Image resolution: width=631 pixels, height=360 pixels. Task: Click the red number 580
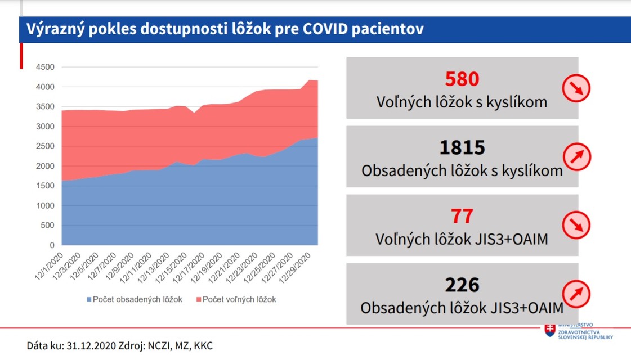click(x=462, y=79)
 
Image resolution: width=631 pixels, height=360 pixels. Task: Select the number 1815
click(x=462, y=147)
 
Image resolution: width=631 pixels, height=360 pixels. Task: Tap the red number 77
click(x=462, y=217)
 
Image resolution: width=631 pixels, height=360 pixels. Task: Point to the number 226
click(x=462, y=285)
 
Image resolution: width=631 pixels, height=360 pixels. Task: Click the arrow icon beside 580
click(x=576, y=88)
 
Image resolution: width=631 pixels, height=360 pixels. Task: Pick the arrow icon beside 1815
click(x=576, y=156)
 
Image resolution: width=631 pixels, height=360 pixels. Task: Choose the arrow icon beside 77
click(x=576, y=225)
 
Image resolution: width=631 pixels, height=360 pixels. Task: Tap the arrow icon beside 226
click(x=576, y=294)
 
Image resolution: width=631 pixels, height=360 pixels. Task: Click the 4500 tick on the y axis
click(x=45, y=67)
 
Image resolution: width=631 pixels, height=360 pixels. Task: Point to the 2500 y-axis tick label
click(x=45, y=146)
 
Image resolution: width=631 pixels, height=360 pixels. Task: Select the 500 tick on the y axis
click(x=47, y=226)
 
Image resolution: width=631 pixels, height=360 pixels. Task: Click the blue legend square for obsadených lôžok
click(x=88, y=300)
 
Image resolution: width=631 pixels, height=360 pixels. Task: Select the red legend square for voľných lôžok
click(x=198, y=300)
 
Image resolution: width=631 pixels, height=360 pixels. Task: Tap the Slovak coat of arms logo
click(x=549, y=330)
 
